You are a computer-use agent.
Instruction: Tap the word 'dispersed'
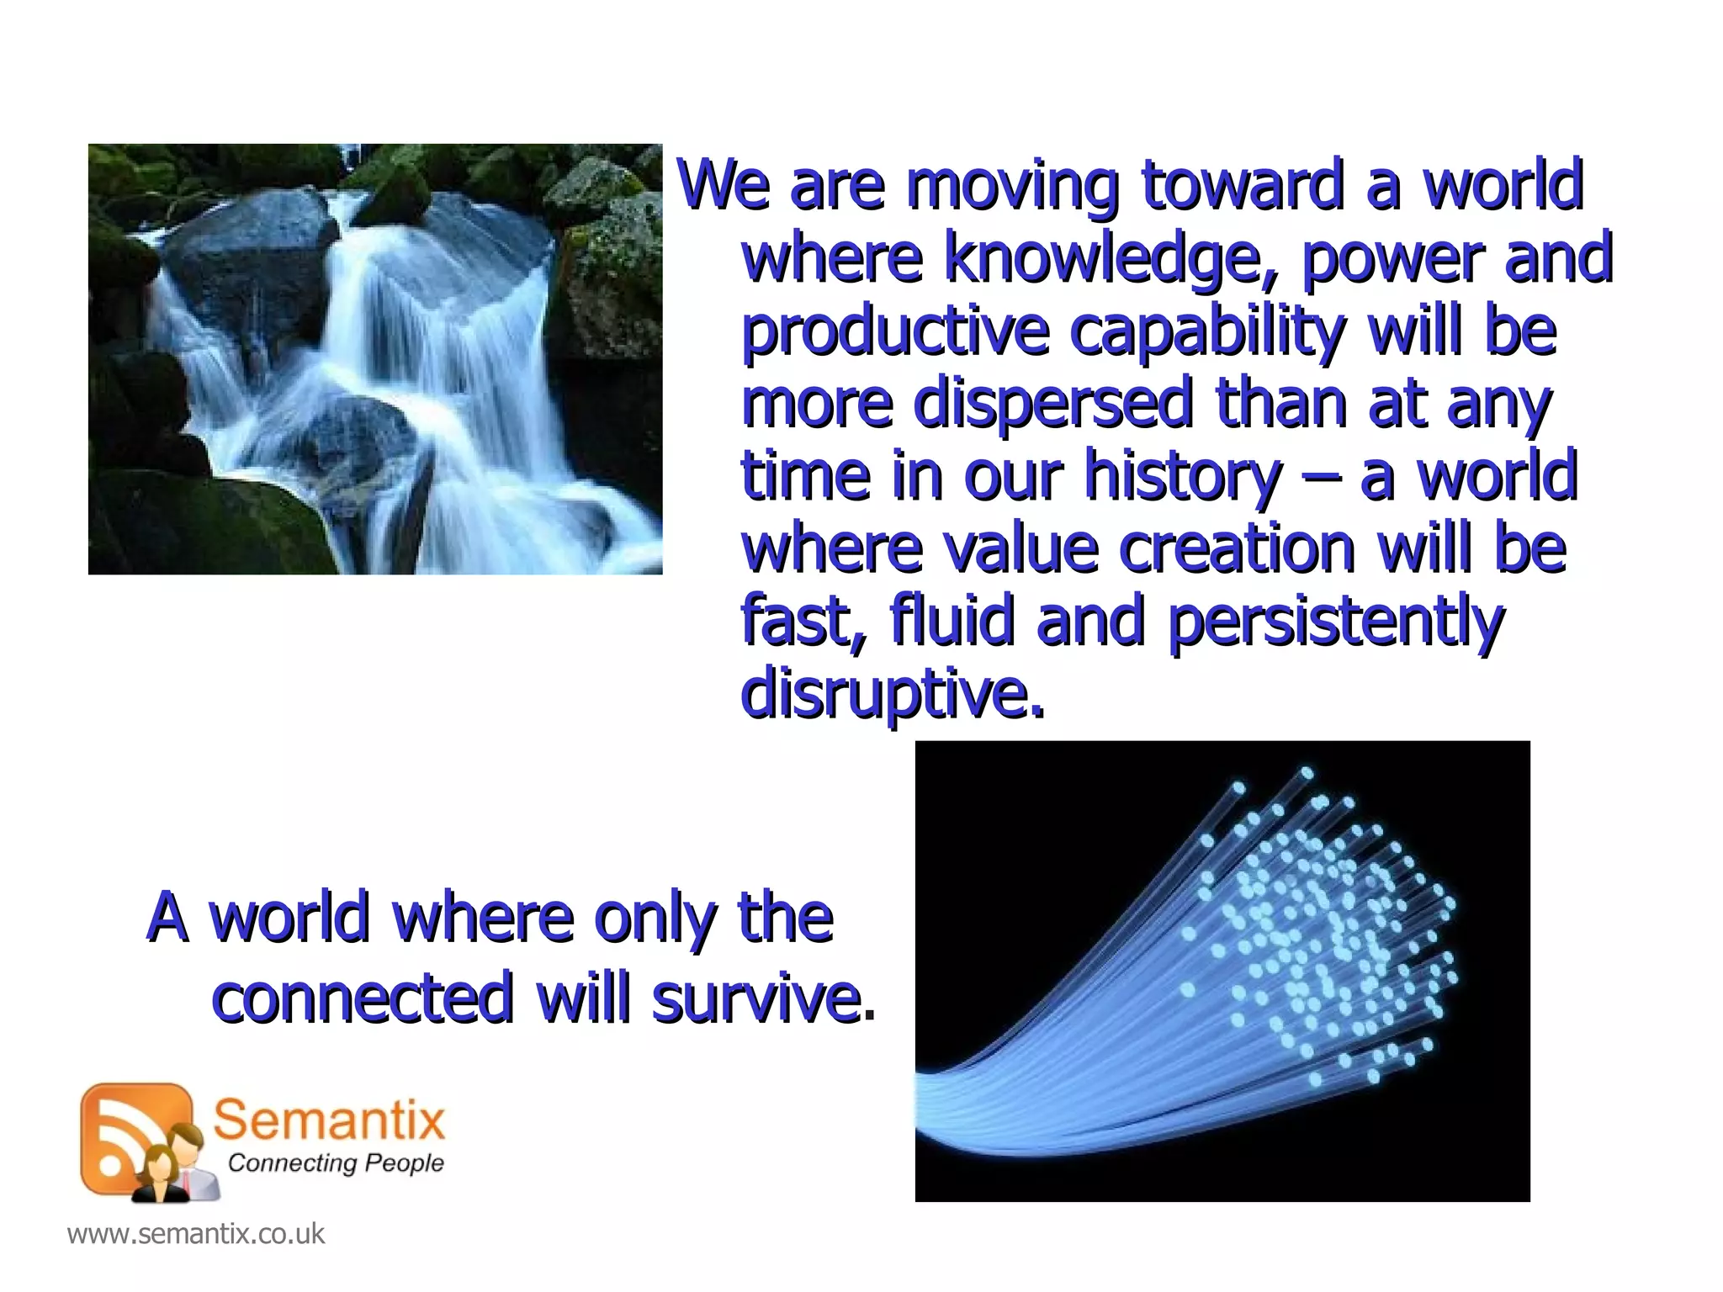pos(1052,403)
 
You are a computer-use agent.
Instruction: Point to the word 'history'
pos(1182,476)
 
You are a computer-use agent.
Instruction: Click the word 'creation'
pos(1237,548)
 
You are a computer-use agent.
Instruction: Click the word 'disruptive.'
pos(892,694)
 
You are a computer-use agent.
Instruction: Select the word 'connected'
pos(362,998)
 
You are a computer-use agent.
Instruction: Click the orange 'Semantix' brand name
pos(328,1120)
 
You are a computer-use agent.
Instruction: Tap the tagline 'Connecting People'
pos(336,1163)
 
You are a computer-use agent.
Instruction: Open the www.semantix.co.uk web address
pos(195,1234)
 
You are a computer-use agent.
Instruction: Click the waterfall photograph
pos(375,359)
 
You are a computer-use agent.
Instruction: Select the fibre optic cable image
pos(1222,971)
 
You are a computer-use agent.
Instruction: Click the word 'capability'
pos(1207,331)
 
